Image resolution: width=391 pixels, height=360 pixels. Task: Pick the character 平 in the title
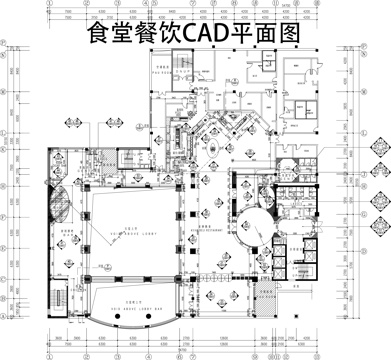click(x=246, y=34)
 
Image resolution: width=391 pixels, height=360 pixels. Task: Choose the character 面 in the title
click(x=269, y=34)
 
